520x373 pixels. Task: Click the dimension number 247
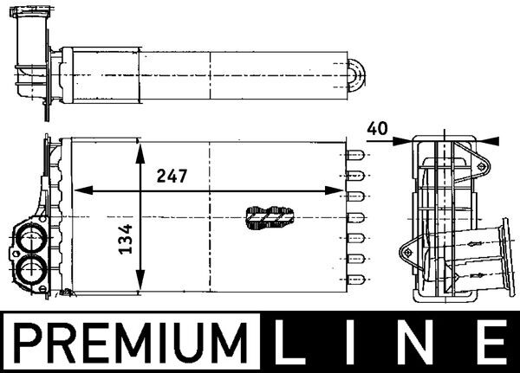[172, 175]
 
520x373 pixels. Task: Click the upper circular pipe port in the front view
[31, 237]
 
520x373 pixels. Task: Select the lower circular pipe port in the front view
[33, 268]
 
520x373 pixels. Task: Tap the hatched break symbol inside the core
[268, 217]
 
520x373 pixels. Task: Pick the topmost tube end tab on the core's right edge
[356, 156]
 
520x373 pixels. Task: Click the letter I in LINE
[362, 341]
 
